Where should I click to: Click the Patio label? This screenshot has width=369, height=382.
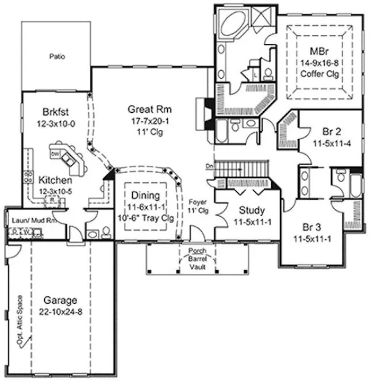pos(56,57)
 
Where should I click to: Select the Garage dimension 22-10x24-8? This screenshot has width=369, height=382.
pos(60,311)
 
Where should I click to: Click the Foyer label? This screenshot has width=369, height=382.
pos(198,203)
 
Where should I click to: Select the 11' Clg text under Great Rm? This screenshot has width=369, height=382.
pos(150,131)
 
